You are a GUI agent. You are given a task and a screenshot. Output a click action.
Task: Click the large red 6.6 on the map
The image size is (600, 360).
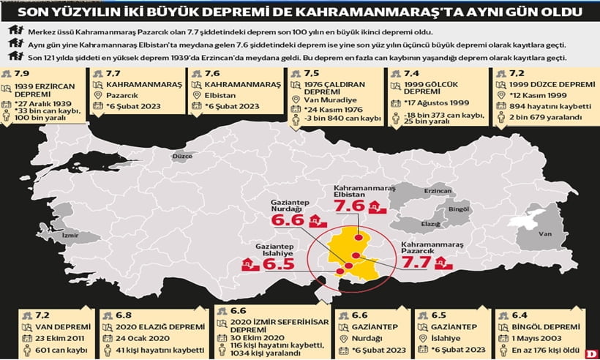287,220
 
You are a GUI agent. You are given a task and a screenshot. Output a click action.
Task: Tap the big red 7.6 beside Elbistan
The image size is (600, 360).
349,206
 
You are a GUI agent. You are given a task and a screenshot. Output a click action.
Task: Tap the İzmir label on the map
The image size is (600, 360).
72,236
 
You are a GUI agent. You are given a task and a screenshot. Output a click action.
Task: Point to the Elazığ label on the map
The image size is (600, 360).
430,223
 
